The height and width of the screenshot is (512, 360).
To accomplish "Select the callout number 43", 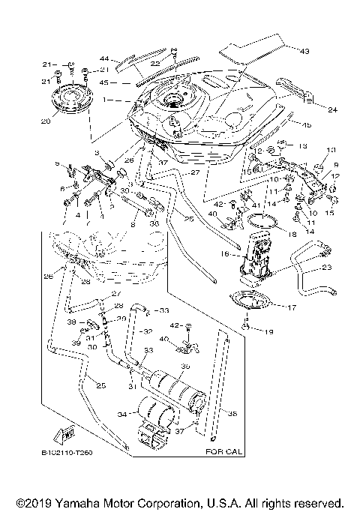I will coord(304,51).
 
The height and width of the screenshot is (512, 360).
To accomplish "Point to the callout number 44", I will coord(104,58).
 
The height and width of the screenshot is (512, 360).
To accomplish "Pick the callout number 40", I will coord(211,214).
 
